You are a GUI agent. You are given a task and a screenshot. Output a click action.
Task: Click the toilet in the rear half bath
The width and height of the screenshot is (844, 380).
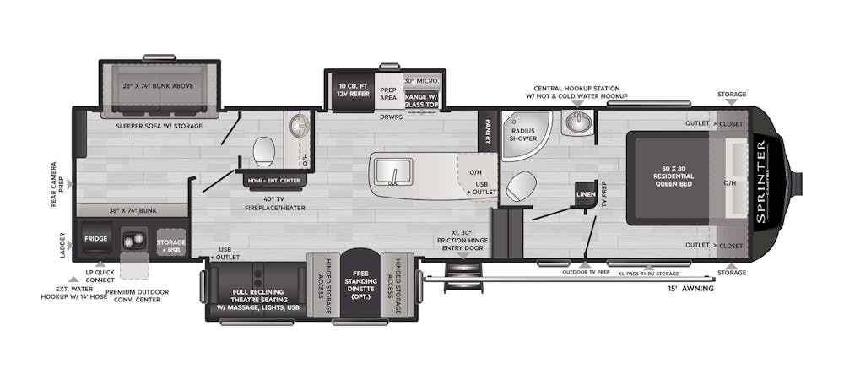click(264, 151)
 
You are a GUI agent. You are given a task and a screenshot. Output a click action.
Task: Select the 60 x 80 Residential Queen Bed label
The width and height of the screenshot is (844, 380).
click(668, 178)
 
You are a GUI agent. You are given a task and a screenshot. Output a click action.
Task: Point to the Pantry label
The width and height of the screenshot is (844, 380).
click(488, 131)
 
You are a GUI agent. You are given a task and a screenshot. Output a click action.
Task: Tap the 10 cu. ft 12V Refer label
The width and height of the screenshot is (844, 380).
click(353, 91)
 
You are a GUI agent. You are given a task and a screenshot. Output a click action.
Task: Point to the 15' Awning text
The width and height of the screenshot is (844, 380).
click(691, 289)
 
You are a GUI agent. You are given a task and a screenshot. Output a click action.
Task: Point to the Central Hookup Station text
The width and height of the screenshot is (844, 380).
click(576, 88)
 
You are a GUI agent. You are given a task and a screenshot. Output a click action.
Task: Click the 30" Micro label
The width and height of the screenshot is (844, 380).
click(421, 80)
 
